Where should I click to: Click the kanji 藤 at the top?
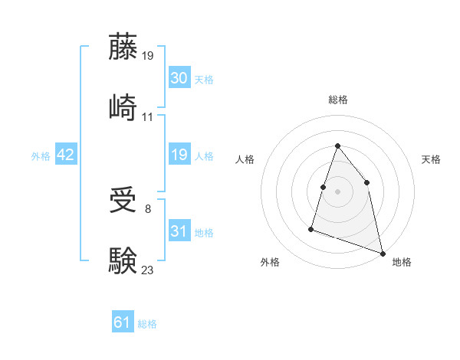tap(123, 47)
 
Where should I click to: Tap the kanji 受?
tap(123, 201)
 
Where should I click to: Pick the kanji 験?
tap(123, 260)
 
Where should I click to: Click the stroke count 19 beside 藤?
tap(149, 56)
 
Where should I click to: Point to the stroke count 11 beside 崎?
tap(148, 116)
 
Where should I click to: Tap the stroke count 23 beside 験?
tap(148, 269)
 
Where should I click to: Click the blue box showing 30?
tap(179, 78)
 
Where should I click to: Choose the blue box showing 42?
tap(66, 155)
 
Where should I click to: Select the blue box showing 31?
tap(179, 231)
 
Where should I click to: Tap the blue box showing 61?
tap(123, 322)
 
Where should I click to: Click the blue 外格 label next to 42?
tap(41, 155)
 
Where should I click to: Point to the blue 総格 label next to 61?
tap(147, 324)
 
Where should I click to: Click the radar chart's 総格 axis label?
tap(337, 100)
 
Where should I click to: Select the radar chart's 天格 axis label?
tap(431, 159)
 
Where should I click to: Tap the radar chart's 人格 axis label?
tap(245, 159)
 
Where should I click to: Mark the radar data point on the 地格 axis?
tap(382, 252)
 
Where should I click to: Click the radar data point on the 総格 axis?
tap(337, 146)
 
